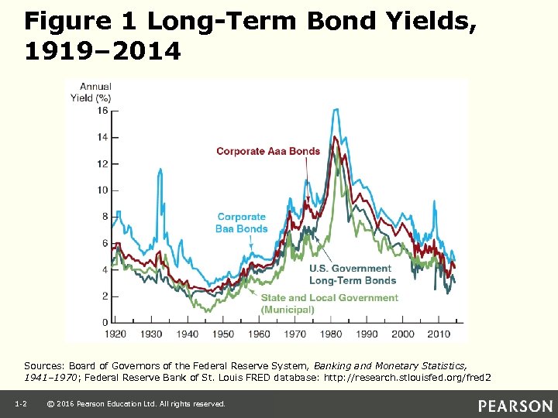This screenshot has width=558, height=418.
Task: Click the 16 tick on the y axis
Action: pyautogui.click(x=102, y=111)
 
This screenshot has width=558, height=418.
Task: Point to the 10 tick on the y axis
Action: pyautogui.click(x=102, y=190)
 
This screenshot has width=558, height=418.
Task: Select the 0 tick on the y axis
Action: pyautogui.click(x=105, y=322)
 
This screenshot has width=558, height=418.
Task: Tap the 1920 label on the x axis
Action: pyautogui.click(x=116, y=334)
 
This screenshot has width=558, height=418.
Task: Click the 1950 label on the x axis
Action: pyautogui.click(x=222, y=334)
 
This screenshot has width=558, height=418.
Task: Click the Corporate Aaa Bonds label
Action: pyautogui.click(x=267, y=151)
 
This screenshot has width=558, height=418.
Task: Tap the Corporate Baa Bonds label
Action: pyautogui.click(x=242, y=223)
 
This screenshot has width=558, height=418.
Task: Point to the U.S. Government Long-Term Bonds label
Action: pyautogui.click(x=353, y=275)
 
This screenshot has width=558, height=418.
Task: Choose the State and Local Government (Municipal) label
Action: pyautogui.click(x=329, y=303)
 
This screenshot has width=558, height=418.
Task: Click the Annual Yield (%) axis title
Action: pyautogui.click(x=91, y=92)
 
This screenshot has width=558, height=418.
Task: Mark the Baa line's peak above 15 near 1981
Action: pyautogui.click(x=336, y=110)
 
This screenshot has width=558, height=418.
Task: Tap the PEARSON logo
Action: pyautogui.click(x=515, y=406)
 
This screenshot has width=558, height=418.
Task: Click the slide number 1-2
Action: pyautogui.click(x=21, y=404)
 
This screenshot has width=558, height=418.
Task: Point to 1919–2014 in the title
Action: pyautogui.click(x=102, y=51)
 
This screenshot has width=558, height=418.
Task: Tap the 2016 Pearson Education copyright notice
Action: pyautogui.click(x=136, y=404)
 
